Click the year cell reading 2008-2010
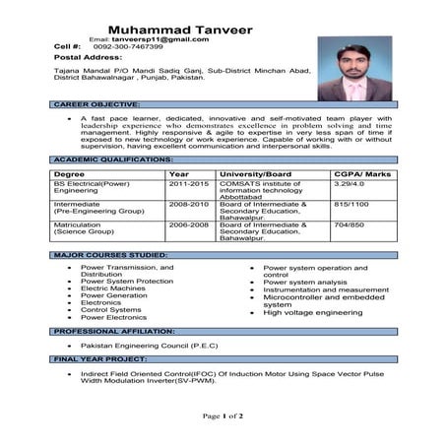188,204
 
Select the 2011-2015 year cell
188,183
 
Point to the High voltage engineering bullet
314,312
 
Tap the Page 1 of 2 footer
223,416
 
